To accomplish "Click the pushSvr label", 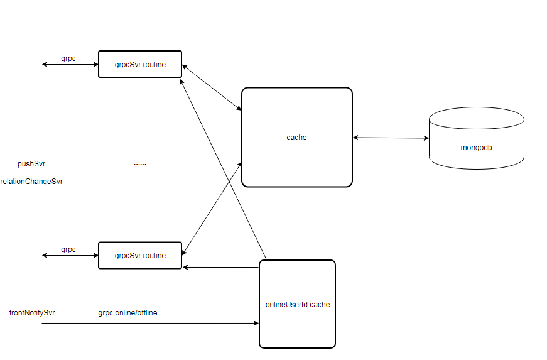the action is coord(31,163).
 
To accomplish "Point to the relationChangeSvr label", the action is coord(31,182).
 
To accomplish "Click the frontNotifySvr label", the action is coord(32,312).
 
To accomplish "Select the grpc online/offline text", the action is coord(127,312).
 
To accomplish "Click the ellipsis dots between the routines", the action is coord(140,165).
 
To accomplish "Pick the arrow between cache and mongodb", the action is coord(391,138).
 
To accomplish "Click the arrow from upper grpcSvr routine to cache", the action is coord(212,87).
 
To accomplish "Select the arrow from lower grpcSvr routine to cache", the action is coord(212,209).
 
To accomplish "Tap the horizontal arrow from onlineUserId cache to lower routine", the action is coord(221,267).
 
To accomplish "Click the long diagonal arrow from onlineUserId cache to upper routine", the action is coord(222,169).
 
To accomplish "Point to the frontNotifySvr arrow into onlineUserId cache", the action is coord(150,323).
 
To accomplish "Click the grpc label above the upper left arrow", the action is coord(68,58).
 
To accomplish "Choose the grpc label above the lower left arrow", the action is coord(68,249).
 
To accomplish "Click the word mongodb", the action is coord(476,148).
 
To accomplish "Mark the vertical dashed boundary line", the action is coord(62,180).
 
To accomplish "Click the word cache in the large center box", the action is coord(296,138).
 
